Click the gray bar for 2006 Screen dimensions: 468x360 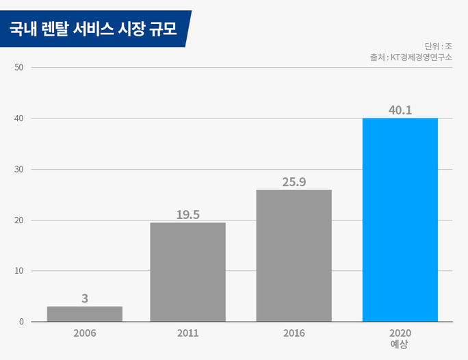pos(85,314)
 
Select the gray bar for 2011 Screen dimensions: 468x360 pos(187,272)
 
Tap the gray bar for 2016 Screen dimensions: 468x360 pos(294,256)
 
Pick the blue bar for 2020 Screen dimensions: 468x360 pos(400,220)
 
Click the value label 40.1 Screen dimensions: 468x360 pos(400,110)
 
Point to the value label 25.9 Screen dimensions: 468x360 pos(294,182)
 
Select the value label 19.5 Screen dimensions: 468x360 pos(187,215)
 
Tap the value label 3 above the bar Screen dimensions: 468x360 pos(85,298)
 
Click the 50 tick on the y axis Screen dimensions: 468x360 pos(18,68)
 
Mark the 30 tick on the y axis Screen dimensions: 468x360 pos(18,169)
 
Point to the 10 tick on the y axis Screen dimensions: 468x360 pos(18,271)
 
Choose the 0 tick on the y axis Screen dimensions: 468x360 pos(21,322)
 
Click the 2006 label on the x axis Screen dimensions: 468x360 pos(85,333)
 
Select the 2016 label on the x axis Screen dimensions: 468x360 pos(294,333)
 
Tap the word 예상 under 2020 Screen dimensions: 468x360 pos(399,344)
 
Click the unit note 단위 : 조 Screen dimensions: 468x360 pos(438,47)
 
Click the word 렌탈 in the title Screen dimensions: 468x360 pos(55,29)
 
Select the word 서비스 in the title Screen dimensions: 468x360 pos(93,29)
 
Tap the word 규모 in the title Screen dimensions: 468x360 pos(164,29)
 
